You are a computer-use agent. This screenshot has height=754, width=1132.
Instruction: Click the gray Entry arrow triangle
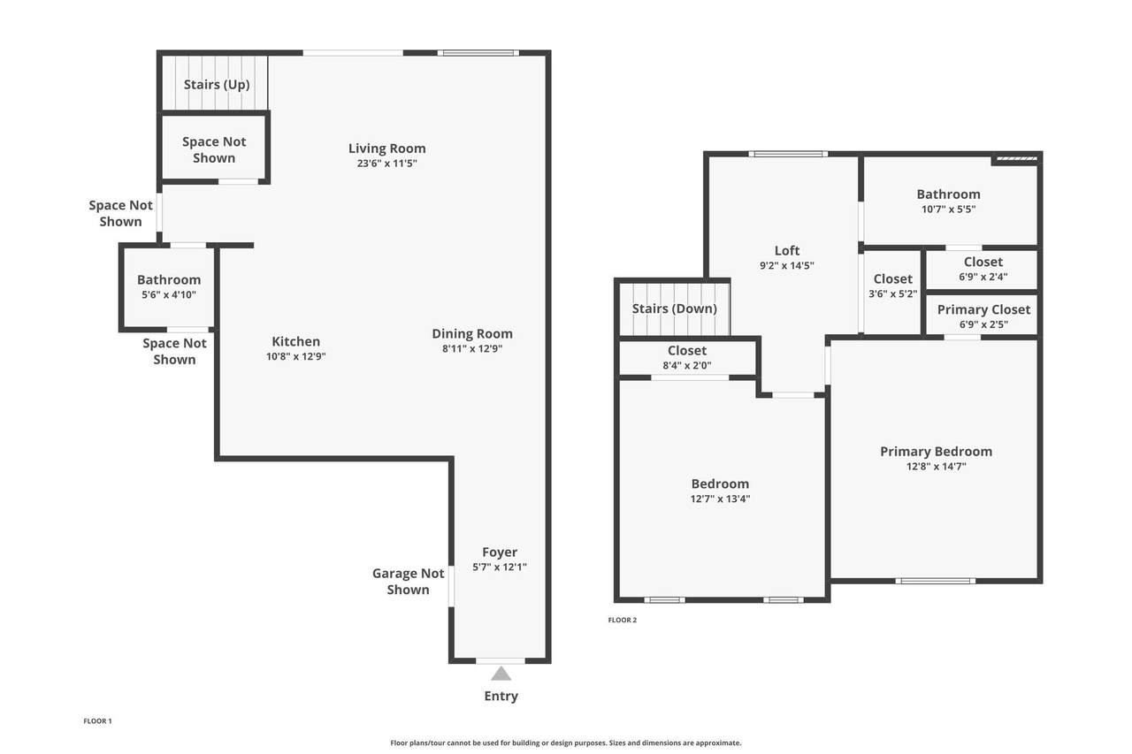click(501, 674)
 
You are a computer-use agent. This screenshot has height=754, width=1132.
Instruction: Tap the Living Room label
click(387, 149)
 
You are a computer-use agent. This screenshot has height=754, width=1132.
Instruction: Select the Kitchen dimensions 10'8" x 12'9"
click(296, 356)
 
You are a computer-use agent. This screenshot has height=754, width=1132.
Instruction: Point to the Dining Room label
click(472, 334)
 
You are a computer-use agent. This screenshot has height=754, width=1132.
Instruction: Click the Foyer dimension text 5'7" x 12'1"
click(500, 567)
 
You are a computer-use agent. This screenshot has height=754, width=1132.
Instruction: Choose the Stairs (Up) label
click(217, 84)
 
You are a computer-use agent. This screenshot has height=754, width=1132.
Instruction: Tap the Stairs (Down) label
click(675, 308)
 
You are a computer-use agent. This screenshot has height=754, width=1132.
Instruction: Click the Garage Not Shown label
click(409, 582)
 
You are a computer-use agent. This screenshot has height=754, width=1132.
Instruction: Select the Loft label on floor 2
click(787, 250)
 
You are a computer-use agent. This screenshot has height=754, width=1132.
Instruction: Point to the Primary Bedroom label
click(937, 452)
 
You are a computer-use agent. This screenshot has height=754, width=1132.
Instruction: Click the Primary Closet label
click(984, 309)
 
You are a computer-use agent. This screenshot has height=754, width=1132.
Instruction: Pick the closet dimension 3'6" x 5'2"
click(893, 294)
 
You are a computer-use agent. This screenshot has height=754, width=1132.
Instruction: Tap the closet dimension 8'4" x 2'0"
click(687, 366)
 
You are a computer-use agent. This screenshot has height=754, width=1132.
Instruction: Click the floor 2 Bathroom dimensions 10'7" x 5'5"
click(949, 209)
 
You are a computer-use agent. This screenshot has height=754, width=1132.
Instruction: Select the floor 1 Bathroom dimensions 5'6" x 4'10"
click(169, 295)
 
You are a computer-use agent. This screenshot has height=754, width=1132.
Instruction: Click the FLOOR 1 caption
click(97, 721)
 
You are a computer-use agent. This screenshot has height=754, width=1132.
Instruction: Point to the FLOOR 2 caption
click(623, 621)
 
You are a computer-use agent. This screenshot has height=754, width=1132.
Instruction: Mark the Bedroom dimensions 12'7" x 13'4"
click(721, 499)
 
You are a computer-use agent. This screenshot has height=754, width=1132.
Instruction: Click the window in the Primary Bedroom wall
click(936, 581)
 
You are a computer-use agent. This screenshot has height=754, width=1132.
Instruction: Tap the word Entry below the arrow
click(501, 697)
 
